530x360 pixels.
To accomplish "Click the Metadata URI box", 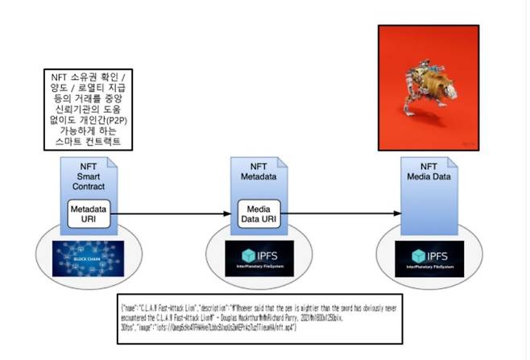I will tap(88, 213).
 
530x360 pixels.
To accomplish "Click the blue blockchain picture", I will tap(88, 258).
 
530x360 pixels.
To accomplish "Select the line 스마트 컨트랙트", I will tap(88, 142).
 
